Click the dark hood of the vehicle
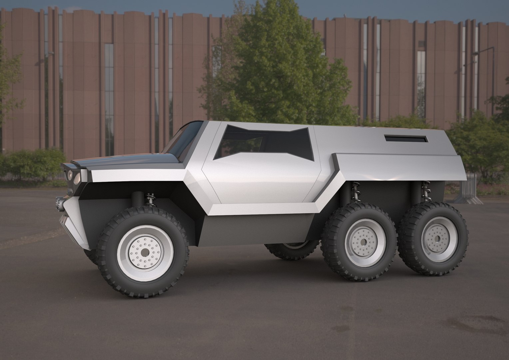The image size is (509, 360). point(140,162)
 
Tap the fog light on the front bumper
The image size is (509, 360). point(60,202)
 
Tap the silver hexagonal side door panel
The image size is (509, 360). point(263,180)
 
